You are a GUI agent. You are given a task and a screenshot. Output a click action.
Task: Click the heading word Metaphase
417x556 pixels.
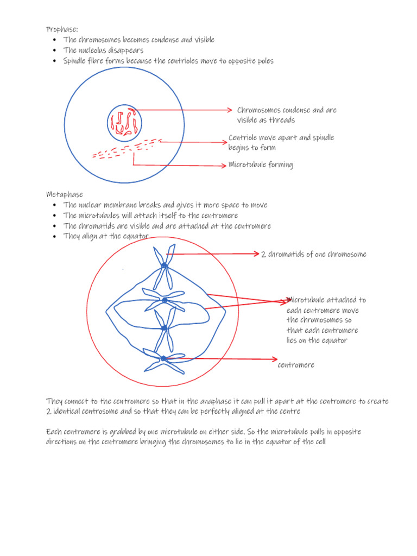tap(65, 194)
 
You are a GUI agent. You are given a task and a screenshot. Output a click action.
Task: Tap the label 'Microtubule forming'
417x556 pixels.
tap(261, 165)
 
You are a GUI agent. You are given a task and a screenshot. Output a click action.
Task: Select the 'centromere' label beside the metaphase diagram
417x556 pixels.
tap(296, 365)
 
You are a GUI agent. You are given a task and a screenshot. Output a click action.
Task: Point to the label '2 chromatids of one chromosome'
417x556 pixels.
tap(313, 254)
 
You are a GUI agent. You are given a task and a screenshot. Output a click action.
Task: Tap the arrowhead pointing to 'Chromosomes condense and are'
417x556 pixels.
tap(229, 110)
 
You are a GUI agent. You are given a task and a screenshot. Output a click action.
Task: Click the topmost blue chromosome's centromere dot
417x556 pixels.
tap(163, 265)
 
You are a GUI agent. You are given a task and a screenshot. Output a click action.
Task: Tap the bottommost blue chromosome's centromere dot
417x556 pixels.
tap(163, 358)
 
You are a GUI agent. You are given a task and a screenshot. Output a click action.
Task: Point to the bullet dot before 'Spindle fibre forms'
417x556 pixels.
tap(55, 61)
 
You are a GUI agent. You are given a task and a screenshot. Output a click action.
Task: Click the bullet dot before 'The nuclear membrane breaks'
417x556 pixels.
tap(55, 205)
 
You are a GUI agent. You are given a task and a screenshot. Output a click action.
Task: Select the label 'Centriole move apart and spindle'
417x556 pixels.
tap(281, 137)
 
